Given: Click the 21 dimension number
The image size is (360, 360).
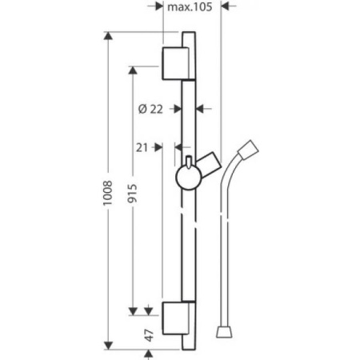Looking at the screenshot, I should click(142, 146).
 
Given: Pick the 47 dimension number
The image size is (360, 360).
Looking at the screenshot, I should click(149, 335).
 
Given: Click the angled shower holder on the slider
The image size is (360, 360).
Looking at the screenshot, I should click(210, 165).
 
